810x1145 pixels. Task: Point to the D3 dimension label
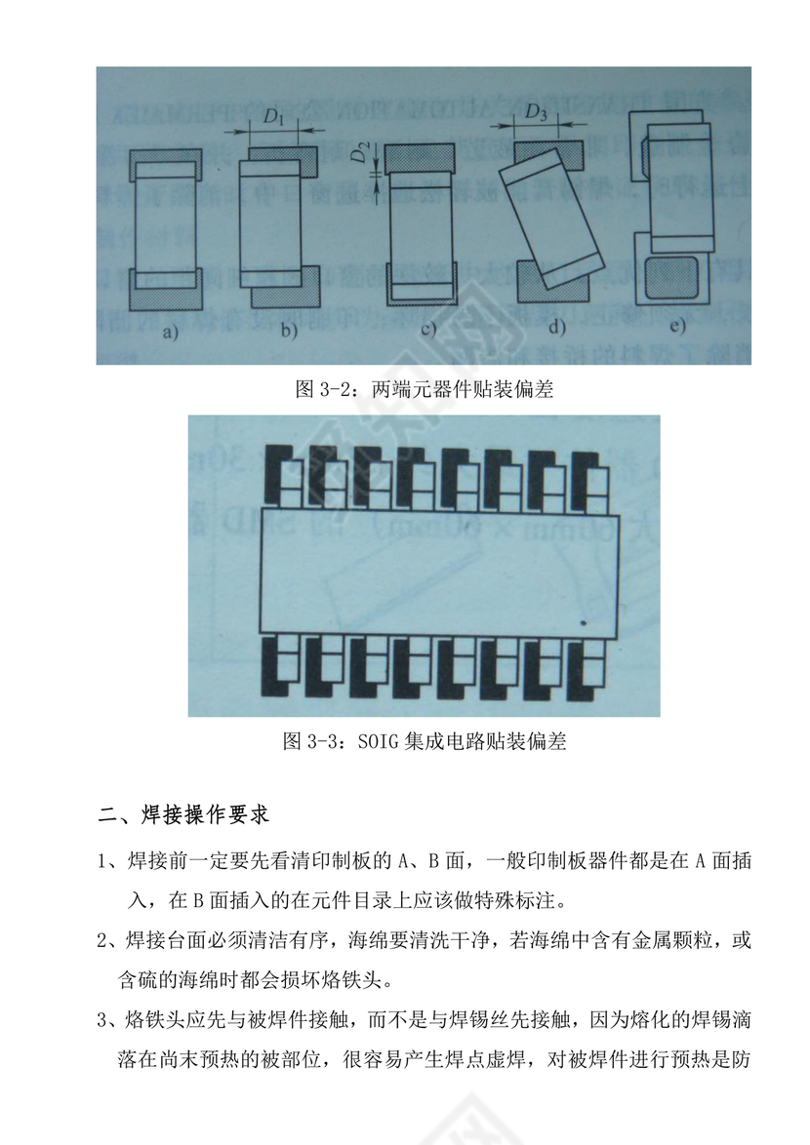536,112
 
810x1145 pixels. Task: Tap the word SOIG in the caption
379,741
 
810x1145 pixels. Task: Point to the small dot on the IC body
583,621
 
